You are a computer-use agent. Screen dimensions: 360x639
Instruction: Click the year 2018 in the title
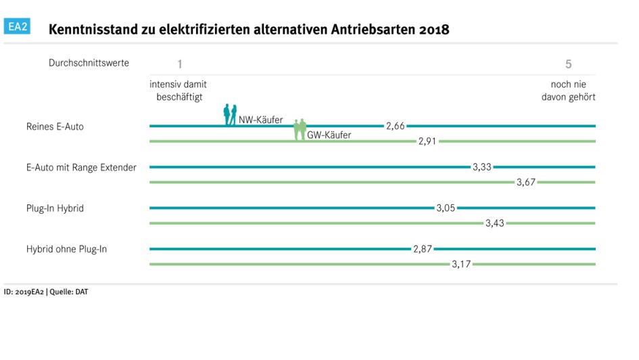point(433,30)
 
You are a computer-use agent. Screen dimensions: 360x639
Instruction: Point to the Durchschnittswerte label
point(89,63)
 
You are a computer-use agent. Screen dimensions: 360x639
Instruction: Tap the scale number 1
point(180,64)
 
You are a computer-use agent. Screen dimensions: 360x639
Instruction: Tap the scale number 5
point(569,64)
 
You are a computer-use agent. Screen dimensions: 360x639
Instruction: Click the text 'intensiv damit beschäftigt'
point(178,91)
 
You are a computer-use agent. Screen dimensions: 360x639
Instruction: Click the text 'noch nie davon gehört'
point(568,91)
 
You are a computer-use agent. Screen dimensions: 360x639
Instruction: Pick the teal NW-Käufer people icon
point(231,115)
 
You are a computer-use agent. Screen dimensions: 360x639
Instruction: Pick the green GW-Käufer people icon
point(300,129)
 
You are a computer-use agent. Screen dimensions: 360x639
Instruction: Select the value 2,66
point(395,126)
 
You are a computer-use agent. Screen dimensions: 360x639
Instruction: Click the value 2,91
point(428,141)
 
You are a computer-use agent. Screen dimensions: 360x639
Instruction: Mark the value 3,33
point(482,167)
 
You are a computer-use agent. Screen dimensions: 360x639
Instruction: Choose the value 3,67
point(526,182)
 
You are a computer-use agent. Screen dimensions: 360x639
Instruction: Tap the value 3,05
point(445,208)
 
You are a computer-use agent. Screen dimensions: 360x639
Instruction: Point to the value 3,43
point(495,223)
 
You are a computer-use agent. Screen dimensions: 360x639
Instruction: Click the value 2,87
point(423,249)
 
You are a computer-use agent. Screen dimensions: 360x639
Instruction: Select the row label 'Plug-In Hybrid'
point(55,208)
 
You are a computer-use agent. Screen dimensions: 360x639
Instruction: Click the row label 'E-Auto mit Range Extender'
point(81,167)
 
